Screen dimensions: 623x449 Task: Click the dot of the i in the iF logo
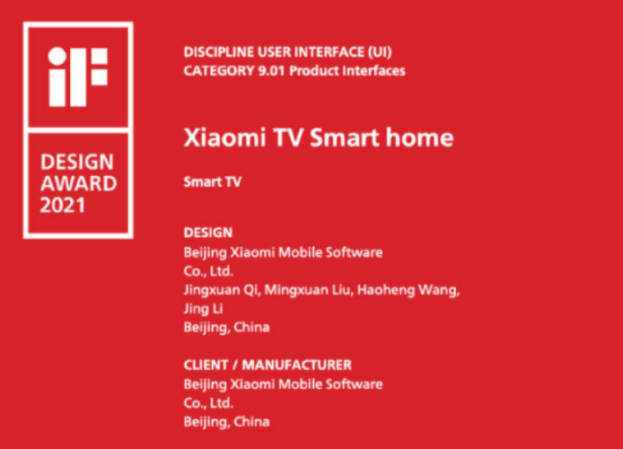[57, 56]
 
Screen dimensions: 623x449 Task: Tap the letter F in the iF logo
[89, 77]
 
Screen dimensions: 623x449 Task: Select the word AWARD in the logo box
[79, 183]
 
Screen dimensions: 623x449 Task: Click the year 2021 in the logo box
[62, 205]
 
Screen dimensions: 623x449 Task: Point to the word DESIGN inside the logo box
[77, 162]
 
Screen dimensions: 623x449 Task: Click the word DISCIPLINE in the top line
[218, 52]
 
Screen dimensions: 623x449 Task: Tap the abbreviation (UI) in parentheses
[380, 52]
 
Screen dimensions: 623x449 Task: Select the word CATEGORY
[218, 71]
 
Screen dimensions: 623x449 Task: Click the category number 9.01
[272, 71]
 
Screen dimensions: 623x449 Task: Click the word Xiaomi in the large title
[225, 137]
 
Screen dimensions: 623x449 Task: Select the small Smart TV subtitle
[213, 182]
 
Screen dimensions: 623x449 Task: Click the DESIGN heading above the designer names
[207, 233]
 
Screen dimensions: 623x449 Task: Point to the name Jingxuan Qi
[222, 290]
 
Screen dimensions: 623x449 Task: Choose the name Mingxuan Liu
[308, 290]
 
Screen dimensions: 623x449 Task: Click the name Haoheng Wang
[408, 290]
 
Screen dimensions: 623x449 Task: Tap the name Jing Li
[203, 309]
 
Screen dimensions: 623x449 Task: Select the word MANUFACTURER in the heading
[297, 365]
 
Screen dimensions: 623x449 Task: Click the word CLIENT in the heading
[206, 365]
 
